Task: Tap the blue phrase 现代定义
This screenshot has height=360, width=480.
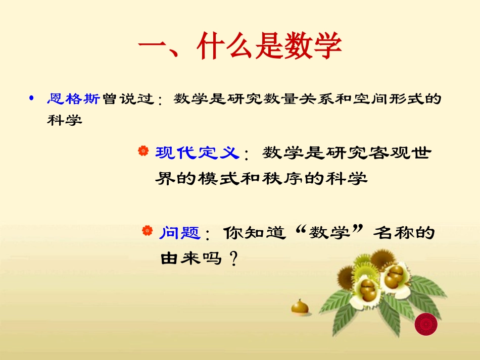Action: (197, 152)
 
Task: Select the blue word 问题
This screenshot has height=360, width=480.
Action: (180, 233)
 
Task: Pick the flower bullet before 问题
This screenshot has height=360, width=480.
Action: (147, 231)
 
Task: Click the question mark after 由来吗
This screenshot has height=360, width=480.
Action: (233, 260)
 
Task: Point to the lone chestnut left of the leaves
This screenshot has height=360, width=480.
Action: (300, 306)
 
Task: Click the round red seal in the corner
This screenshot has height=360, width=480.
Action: (425, 324)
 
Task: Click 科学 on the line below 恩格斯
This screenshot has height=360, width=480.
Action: (64, 121)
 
